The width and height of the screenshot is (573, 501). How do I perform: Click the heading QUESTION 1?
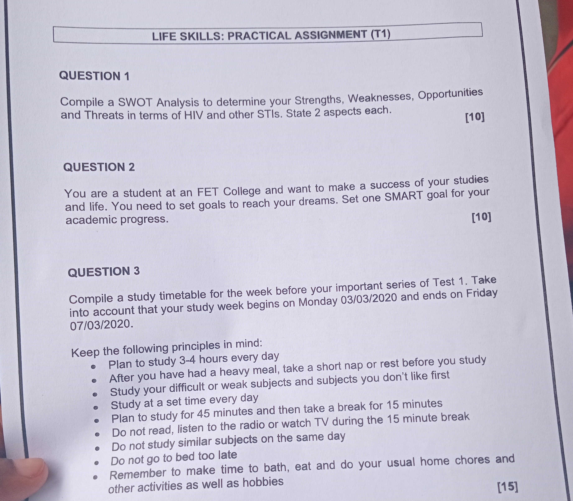coord(94,76)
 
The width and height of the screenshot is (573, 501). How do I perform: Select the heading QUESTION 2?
coord(99,167)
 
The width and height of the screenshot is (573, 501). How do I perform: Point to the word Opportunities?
coord(450,94)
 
